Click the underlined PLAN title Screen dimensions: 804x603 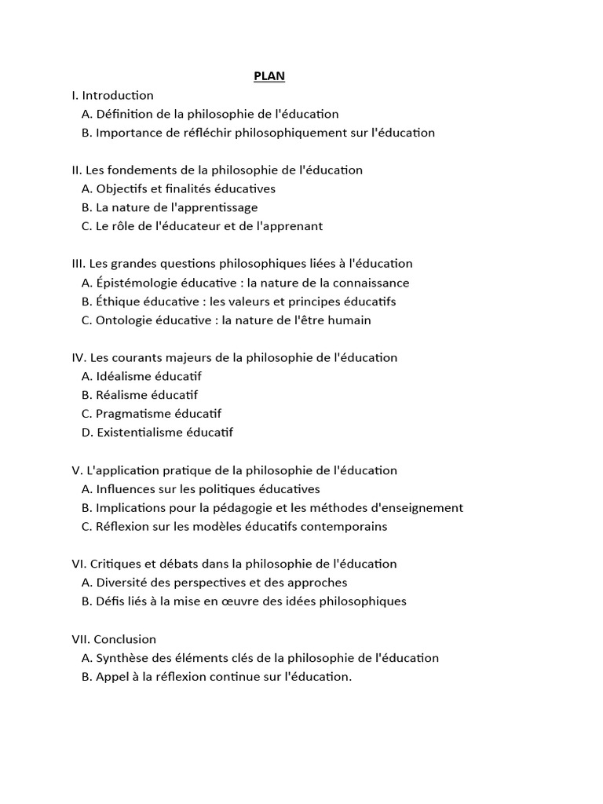point(269,76)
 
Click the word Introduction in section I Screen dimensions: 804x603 point(118,95)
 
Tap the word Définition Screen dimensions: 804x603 point(125,114)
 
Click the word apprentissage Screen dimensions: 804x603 point(212,207)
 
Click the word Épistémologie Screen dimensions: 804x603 point(137,283)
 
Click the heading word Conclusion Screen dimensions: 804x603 point(125,639)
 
